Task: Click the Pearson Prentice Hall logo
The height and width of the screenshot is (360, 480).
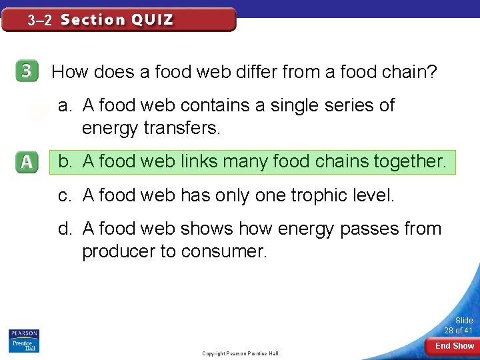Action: tap(24, 341)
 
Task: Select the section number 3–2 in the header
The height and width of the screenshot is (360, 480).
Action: tap(39, 20)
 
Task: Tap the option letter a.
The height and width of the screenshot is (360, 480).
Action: tap(64, 105)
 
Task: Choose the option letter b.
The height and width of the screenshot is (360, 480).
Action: tap(64, 161)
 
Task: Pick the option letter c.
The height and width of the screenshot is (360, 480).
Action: tap(64, 195)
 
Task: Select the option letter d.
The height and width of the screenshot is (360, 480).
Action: tap(64, 229)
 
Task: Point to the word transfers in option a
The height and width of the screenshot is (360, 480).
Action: tap(181, 127)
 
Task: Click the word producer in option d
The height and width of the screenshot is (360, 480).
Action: tap(116, 251)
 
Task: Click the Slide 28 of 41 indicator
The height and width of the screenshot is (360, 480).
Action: tap(459, 325)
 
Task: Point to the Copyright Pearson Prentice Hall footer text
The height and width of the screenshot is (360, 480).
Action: tap(240, 353)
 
